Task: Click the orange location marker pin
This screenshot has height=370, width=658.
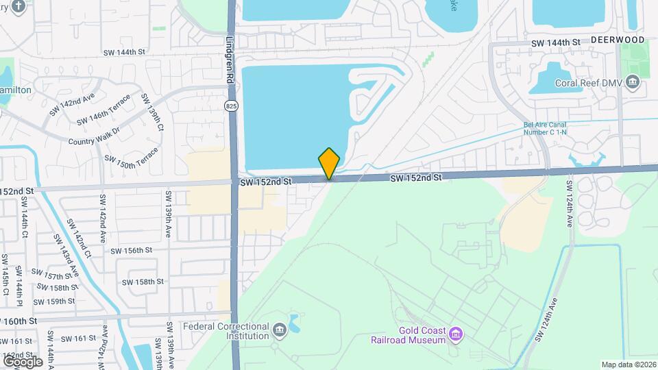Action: (x=329, y=163)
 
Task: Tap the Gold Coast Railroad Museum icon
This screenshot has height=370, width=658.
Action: (x=456, y=334)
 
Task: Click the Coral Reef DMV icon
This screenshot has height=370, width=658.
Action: (x=633, y=84)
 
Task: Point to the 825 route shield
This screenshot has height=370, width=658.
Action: (x=232, y=106)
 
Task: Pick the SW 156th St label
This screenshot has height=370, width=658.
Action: (x=131, y=251)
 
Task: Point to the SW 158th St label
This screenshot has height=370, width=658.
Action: (x=143, y=282)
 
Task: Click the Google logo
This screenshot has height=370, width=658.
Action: (x=22, y=361)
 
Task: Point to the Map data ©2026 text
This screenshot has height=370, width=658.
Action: (x=629, y=365)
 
